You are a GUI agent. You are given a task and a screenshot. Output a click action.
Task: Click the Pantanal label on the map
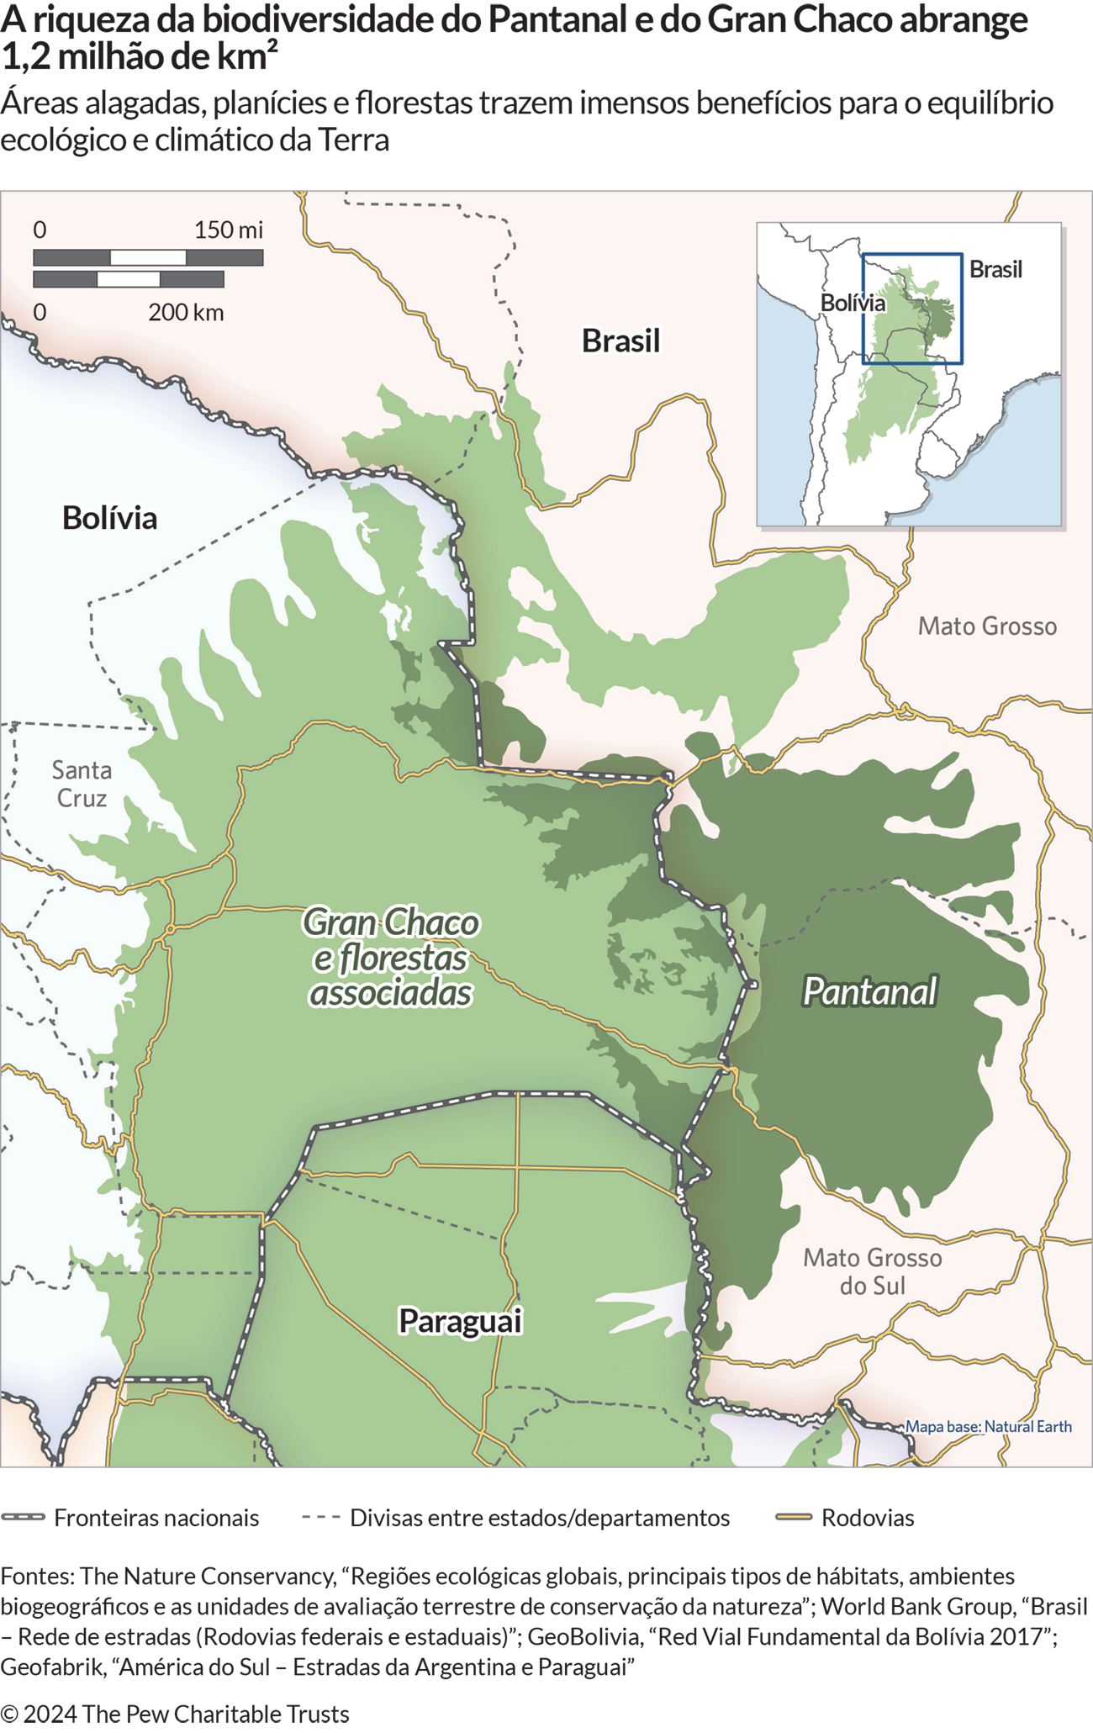pos(869,991)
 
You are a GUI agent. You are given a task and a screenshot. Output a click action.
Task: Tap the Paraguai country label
pos(460,1320)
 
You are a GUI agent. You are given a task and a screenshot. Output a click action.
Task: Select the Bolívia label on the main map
pos(109,517)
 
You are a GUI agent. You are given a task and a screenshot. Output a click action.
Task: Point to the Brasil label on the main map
pos(620,341)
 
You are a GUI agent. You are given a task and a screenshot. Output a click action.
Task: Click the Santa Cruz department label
pos(82,783)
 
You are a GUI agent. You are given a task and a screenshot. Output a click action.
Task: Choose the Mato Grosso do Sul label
pos(872,1271)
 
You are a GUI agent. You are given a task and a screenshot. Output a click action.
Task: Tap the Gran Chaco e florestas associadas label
pos(390,957)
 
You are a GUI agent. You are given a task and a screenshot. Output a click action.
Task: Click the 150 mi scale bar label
pos(228,230)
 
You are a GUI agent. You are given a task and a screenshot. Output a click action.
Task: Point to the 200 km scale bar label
pos(186,312)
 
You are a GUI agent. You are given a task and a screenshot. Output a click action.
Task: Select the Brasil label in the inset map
pos(995,269)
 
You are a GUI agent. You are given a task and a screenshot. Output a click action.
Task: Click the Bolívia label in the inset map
pos(853,303)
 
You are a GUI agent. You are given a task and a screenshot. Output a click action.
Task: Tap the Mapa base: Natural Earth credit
pos(988,1426)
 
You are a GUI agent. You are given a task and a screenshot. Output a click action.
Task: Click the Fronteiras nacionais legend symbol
pos(23,1518)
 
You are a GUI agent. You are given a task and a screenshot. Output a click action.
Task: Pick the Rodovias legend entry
pos(867,1518)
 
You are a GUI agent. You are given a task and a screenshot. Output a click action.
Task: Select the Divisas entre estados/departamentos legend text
pos(539,1518)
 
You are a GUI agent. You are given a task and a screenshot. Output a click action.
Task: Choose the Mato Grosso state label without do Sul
pos(986,626)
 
